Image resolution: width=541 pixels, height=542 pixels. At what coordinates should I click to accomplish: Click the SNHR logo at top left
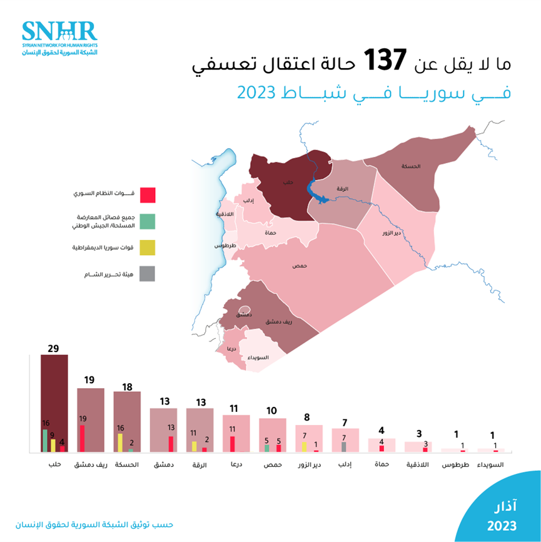tap(59, 38)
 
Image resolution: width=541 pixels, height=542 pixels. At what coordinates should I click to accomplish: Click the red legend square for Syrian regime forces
tap(147, 194)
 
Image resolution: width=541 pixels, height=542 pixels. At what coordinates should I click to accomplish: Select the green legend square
tap(147, 221)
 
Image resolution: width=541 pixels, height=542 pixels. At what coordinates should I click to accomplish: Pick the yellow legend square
tap(147, 247)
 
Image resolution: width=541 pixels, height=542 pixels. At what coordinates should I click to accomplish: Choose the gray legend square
tap(147, 274)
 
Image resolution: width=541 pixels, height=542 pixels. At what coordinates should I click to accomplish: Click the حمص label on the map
tap(300, 266)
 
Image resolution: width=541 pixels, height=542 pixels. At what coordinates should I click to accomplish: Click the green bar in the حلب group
tap(45, 440)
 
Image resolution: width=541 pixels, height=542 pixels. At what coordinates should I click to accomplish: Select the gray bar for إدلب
tap(343, 446)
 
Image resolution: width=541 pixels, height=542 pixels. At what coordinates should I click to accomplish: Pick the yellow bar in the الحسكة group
tap(120, 442)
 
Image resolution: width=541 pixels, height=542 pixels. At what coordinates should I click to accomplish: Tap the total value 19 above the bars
tap(90, 380)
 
